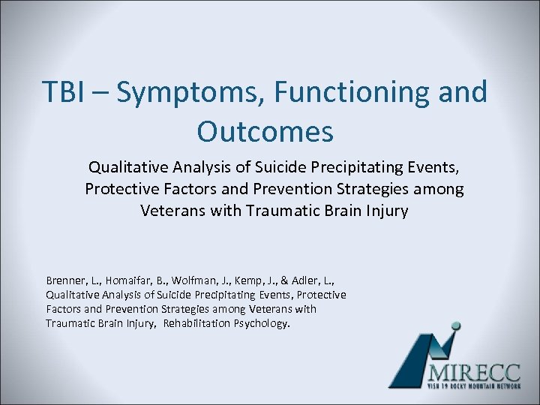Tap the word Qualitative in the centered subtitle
coord(127,166)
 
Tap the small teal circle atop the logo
coord(454,326)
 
